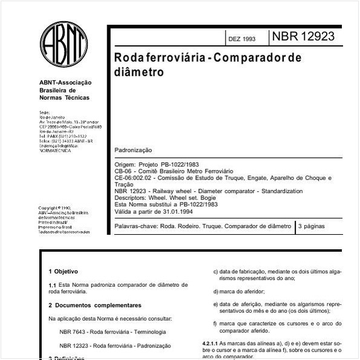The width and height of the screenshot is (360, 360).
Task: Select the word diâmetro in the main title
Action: pyautogui.click(x=139, y=72)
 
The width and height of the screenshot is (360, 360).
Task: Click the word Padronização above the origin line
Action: pyautogui.click(x=133, y=150)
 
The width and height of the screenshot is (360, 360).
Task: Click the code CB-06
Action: pyautogui.click(x=123, y=171)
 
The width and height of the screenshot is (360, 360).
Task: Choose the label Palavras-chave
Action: pyautogui.click(x=136, y=226)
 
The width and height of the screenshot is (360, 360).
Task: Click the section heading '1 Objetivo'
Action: pyautogui.click(x=63, y=272)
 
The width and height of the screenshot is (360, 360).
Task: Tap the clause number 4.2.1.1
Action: pyautogui.click(x=211, y=343)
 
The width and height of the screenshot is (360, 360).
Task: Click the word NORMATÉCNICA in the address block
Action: pyautogui.click(x=55, y=151)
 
